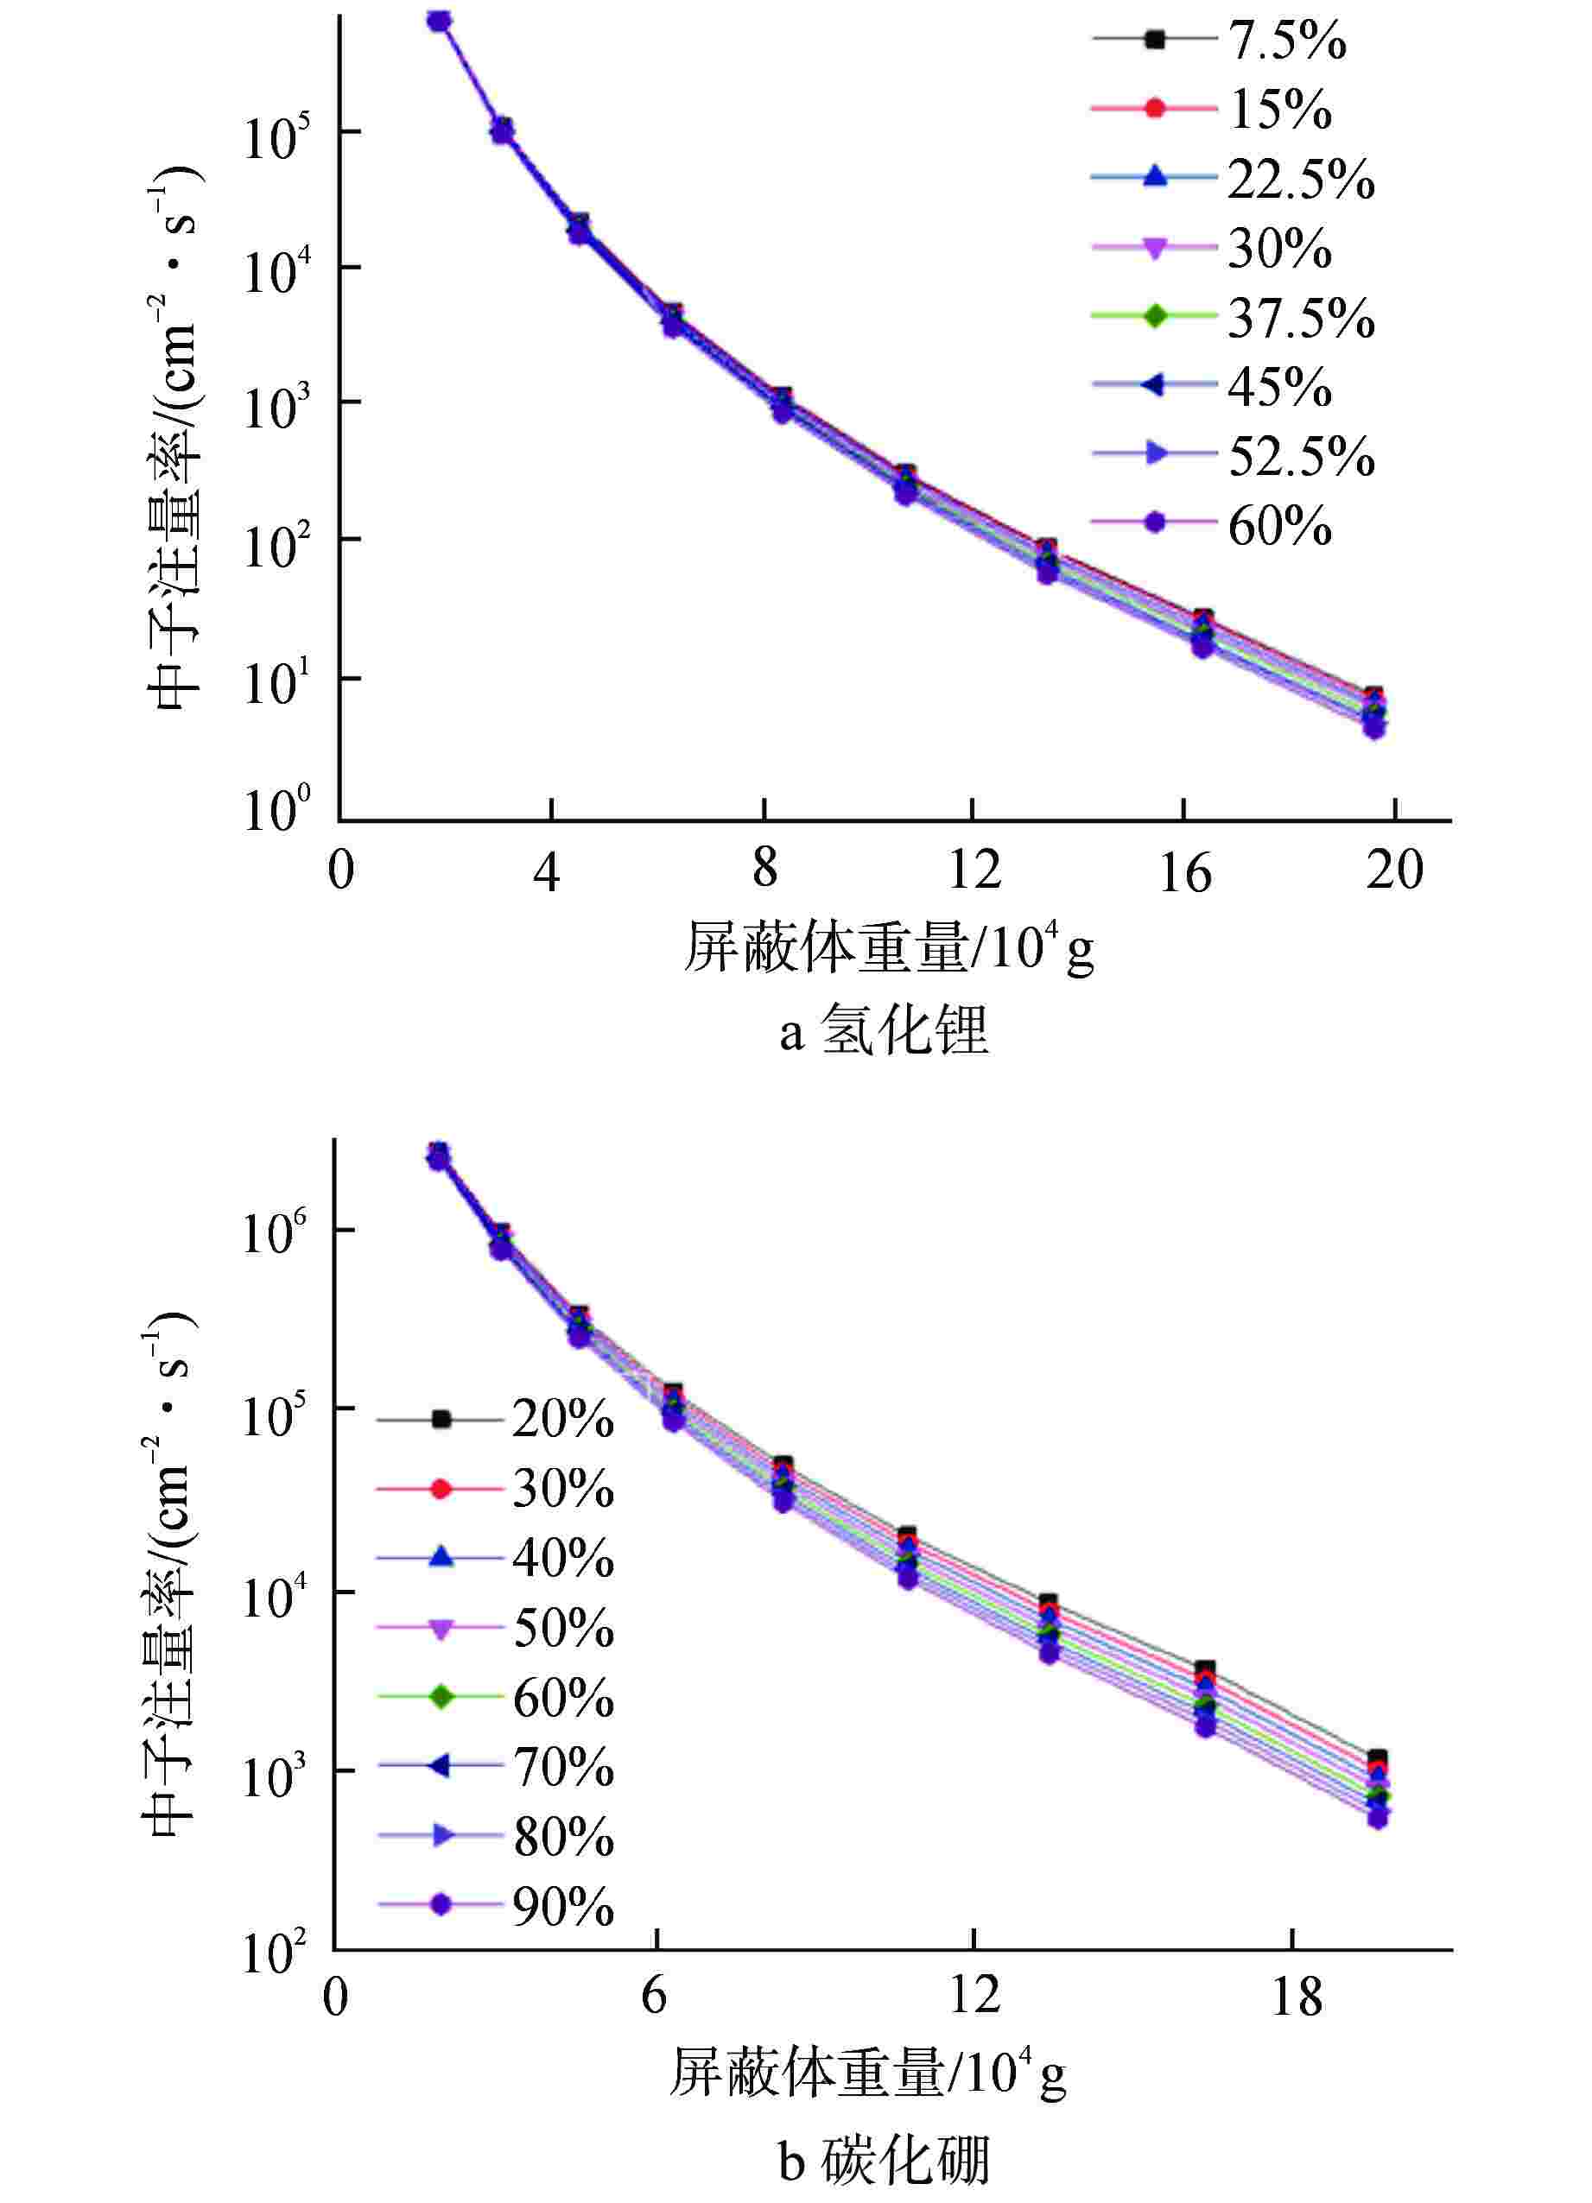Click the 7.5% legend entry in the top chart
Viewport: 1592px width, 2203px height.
coord(1287,41)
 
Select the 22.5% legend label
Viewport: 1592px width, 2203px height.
coord(1301,180)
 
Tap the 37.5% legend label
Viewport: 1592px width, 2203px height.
coord(1301,319)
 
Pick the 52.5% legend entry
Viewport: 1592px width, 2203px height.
coord(1301,457)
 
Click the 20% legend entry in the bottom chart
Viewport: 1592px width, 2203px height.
coord(562,1420)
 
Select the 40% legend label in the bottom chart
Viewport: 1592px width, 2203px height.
coord(562,1559)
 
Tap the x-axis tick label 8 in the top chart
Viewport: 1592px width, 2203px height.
coord(764,867)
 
